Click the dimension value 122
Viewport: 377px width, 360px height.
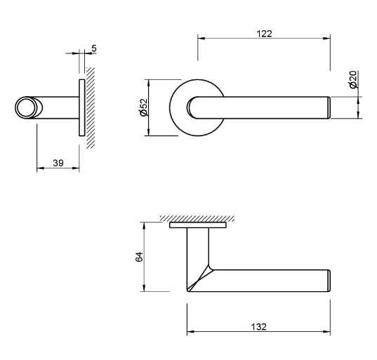(264, 33)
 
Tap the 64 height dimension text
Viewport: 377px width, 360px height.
(138, 257)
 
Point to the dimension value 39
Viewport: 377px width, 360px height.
(58, 163)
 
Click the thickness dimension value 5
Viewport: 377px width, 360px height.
(93, 48)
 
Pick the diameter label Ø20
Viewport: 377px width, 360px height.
(352, 79)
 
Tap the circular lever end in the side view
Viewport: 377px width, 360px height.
(27, 107)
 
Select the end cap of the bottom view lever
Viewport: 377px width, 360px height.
(327, 279)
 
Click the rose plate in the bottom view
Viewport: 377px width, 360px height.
(197, 226)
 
